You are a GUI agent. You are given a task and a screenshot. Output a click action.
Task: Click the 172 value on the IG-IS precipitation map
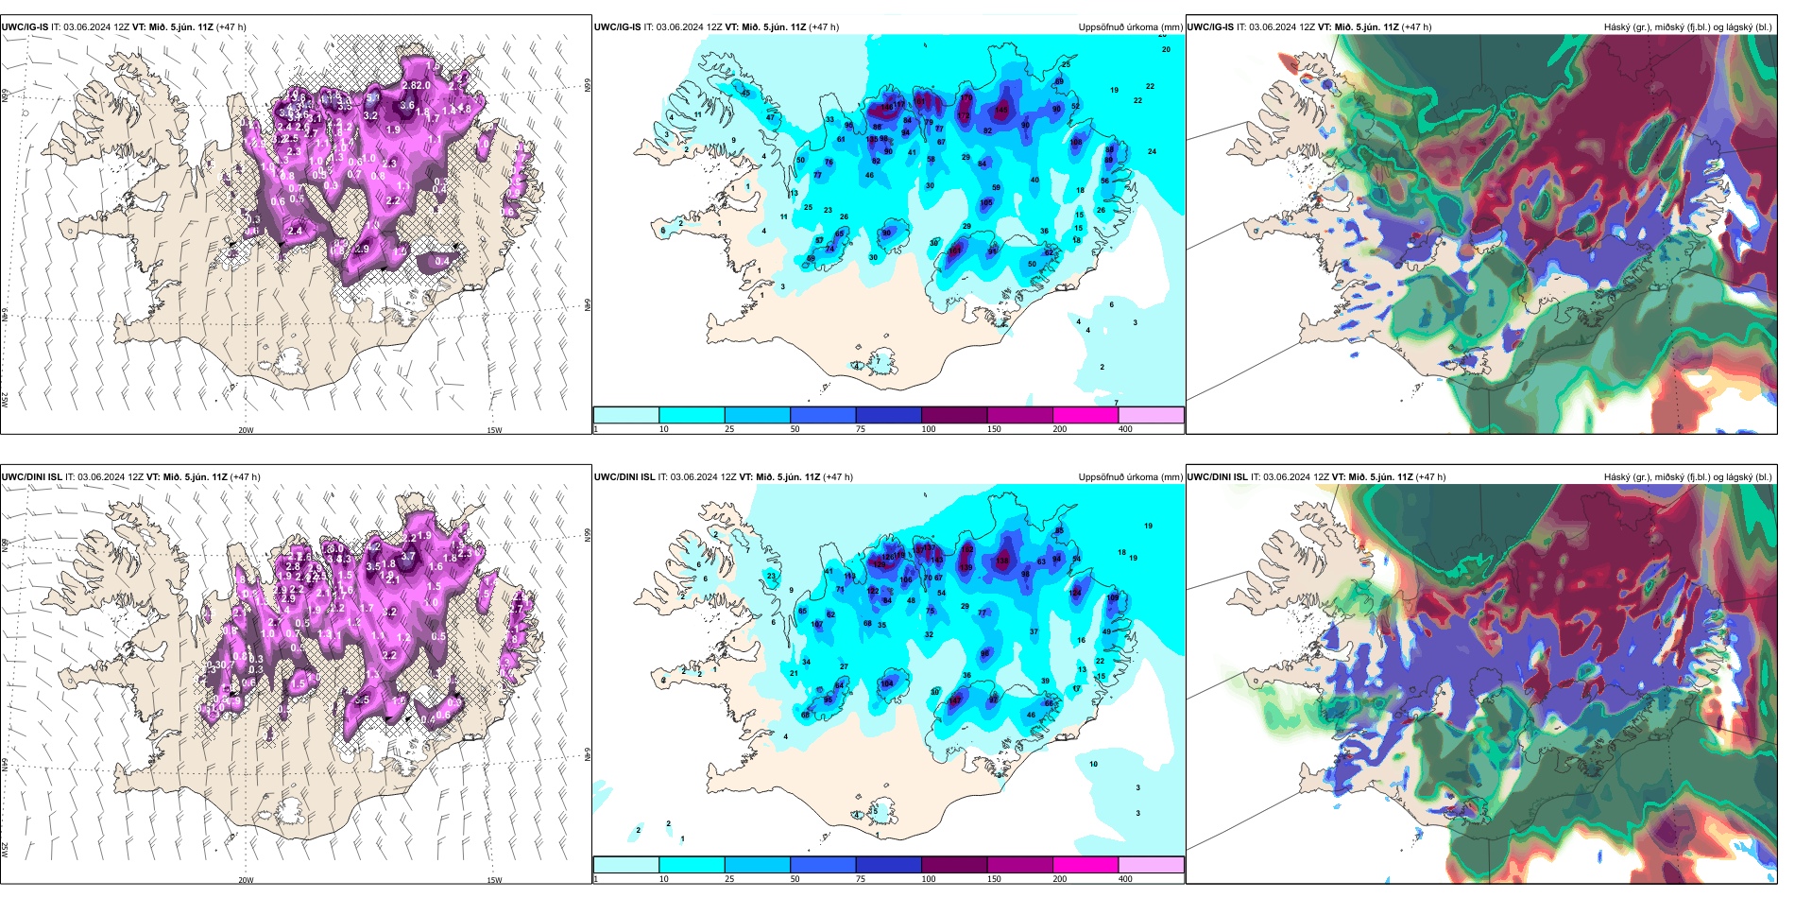[x=964, y=116]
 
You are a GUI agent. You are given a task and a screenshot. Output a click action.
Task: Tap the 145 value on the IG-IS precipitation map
[x=1000, y=111]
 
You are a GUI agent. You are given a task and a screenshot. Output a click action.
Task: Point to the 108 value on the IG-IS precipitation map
[x=1076, y=143]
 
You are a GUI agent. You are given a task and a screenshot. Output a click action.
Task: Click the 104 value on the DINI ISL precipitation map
[x=886, y=683]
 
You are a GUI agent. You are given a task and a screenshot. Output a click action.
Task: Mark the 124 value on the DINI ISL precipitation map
[x=1075, y=593]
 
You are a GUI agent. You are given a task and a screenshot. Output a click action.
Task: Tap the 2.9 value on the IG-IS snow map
[x=362, y=250]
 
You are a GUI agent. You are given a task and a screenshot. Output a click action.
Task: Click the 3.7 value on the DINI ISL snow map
[x=408, y=557]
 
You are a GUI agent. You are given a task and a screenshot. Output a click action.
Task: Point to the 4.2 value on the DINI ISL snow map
[x=373, y=546]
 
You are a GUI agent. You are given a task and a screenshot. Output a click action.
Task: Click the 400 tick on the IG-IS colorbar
[x=1125, y=429]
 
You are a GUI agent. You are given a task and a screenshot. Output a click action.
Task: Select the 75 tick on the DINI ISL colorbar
[x=861, y=879]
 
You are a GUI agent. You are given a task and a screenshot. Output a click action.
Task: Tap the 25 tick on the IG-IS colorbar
[x=729, y=429]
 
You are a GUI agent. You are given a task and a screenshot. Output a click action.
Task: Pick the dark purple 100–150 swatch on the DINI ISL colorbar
[x=954, y=865]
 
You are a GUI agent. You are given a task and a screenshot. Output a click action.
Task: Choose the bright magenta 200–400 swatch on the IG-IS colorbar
[x=1086, y=415]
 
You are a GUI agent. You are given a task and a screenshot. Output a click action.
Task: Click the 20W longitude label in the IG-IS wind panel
[x=246, y=430]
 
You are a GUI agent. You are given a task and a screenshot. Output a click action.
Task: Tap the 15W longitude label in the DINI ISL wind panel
[x=494, y=880]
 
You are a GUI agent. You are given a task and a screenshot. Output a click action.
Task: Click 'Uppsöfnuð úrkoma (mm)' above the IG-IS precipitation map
[x=1130, y=27]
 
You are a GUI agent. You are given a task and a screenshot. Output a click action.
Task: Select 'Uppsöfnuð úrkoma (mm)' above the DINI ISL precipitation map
[x=1130, y=477]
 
